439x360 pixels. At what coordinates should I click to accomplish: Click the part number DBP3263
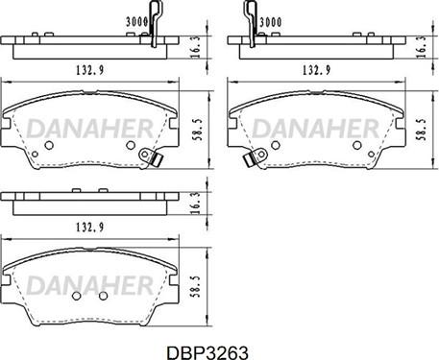point(207,353)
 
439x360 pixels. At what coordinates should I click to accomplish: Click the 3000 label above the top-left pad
point(136,22)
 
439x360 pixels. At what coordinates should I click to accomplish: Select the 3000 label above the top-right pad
point(271,22)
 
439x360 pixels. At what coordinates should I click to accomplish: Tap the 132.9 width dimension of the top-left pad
point(90,70)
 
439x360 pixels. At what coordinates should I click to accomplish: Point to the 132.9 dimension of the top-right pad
point(317,70)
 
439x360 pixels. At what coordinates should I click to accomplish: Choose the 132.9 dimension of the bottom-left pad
point(90,227)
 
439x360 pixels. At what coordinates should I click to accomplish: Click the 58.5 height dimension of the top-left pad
point(198,130)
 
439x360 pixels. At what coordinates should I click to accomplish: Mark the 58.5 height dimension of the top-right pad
point(422,130)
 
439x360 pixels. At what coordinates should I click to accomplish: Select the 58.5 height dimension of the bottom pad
point(196,287)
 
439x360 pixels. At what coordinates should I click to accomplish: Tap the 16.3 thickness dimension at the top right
point(422,47)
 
